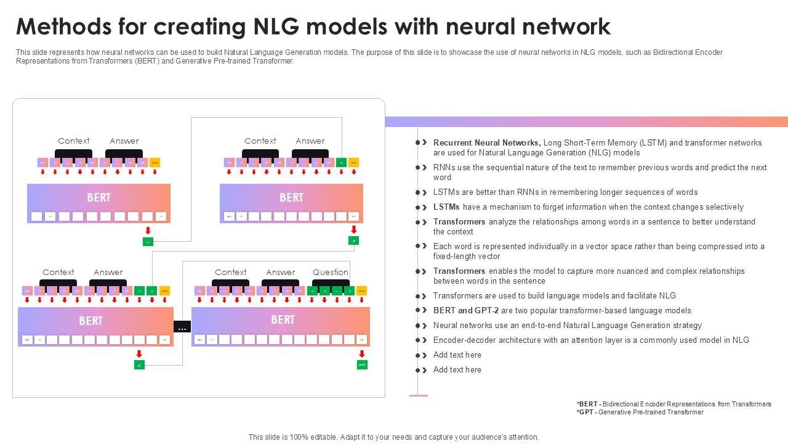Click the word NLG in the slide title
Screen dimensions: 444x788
[276, 27]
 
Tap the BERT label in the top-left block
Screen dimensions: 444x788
[98, 197]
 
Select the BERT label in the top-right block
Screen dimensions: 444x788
[291, 197]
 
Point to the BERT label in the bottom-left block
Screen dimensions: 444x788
[90, 321]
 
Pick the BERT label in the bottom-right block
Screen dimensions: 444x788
[283, 319]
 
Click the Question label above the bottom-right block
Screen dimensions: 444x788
[330, 272]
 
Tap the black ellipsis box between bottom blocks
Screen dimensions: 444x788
[182, 327]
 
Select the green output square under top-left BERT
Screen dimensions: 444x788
[148, 242]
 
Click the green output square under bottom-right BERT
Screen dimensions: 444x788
[362, 364]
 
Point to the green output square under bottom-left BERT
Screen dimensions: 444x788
[139, 365]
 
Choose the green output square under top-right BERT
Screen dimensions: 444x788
[353, 240]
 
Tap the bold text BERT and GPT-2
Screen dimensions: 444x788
[466, 310]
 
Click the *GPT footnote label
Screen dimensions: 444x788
[585, 412]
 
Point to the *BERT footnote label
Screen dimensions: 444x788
[587, 404]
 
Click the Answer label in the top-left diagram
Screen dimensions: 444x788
[124, 141]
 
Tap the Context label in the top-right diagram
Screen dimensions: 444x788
[260, 141]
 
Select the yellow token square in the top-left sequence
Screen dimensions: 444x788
[155, 163]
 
